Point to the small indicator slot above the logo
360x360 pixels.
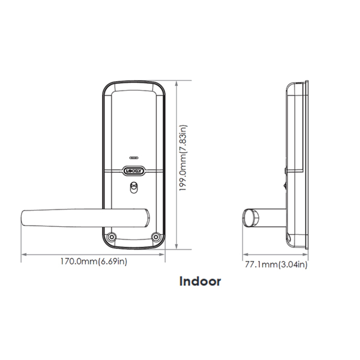coord(134,158)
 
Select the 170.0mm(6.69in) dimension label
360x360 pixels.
coord(94,262)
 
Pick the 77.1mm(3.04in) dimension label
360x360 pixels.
coord(276,265)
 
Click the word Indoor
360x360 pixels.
coord(200,281)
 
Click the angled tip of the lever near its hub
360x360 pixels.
coord(146,217)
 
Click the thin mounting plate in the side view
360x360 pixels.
coord(307,166)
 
